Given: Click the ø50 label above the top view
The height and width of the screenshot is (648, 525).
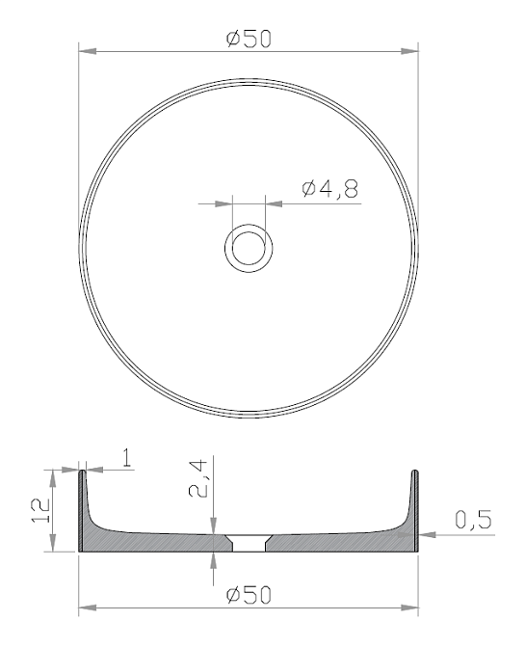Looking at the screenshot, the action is (x=249, y=39).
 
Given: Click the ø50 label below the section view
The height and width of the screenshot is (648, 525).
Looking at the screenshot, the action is (x=249, y=595).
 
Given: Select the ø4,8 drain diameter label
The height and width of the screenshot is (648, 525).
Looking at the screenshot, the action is (x=329, y=189).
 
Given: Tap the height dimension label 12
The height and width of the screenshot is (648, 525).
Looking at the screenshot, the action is (x=40, y=510).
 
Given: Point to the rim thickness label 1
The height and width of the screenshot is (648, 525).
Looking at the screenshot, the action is (x=127, y=458).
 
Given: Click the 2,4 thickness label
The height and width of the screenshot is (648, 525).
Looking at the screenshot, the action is (x=197, y=479).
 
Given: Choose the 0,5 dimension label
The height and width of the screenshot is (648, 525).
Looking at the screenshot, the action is (x=473, y=520).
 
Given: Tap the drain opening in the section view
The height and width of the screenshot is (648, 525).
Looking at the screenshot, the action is (x=249, y=543).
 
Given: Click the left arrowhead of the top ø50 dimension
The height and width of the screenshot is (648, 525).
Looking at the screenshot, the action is (x=88, y=52).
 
